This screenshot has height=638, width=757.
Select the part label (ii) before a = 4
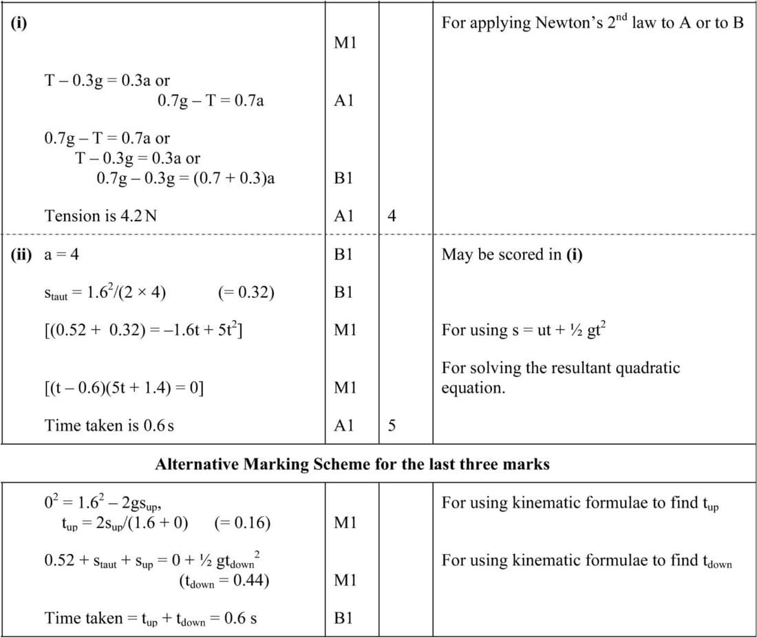click(21, 255)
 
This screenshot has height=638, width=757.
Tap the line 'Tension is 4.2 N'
click(100, 216)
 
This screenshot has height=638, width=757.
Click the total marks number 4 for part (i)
click(392, 216)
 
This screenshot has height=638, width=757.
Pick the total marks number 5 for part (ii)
click(392, 426)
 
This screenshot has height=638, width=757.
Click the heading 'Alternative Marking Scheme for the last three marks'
click(352, 465)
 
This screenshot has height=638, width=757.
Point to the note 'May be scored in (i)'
click(512, 255)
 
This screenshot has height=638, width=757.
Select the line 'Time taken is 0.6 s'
click(109, 426)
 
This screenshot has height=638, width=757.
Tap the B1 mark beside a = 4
click(343, 255)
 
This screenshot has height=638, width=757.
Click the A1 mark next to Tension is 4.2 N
click(343, 216)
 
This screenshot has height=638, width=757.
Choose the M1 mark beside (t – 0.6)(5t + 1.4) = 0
click(343, 387)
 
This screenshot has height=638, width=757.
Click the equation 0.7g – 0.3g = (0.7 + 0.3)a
click(186, 178)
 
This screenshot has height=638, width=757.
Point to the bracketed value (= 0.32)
click(246, 293)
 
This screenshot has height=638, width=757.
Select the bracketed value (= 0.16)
click(242, 523)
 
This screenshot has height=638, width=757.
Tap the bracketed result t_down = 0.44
click(224, 581)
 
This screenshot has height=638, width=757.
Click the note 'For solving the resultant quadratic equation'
click(560, 377)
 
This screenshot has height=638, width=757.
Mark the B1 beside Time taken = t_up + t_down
click(343, 618)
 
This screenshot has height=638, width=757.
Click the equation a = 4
click(61, 255)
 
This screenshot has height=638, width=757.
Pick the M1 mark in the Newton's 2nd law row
click(343, 43)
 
